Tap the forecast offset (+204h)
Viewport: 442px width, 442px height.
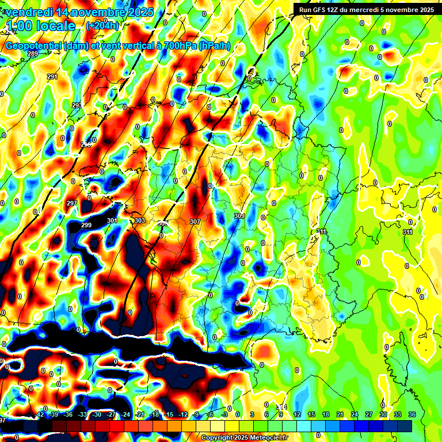coord(102,25)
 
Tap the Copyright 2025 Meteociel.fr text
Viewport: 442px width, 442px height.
coord(244,438)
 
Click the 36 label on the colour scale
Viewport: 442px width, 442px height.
coord(412,414)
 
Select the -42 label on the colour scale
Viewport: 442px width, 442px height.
coord(40,414)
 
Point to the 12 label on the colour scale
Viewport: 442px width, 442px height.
coord(297,414)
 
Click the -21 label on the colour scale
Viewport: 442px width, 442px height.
coord(140,414)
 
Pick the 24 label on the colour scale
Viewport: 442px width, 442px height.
coord(354,414)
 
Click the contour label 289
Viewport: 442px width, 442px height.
coord(33,54)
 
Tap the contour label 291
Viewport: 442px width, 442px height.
coord(52,77)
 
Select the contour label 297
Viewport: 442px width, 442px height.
coord(72,204)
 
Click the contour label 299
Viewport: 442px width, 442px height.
coord(86,225)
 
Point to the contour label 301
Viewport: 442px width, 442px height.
coord(112,220)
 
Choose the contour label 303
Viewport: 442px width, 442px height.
coord(140,221)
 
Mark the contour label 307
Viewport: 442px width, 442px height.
coord(195,222)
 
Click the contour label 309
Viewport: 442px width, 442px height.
coord(239,216)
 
